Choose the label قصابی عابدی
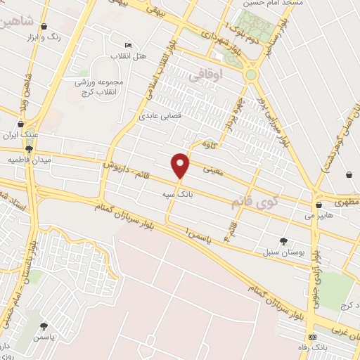click(160, 115)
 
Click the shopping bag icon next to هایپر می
click(320, 205)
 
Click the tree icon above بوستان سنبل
click(283, 240)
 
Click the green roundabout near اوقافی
click(251, 74)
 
